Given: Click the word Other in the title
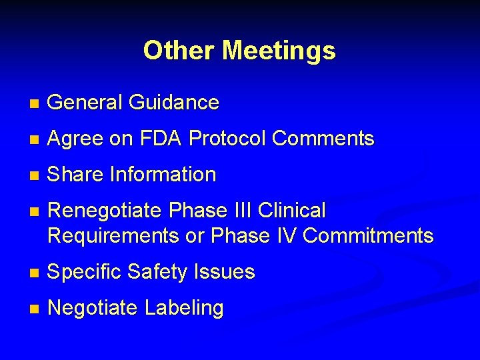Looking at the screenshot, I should pyautogui.click(x=179, y=50).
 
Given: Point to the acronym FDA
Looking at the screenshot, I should pyautogui.click(x=160, y=139).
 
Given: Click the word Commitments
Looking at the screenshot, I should pyautogui.click(x=366, y=235).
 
